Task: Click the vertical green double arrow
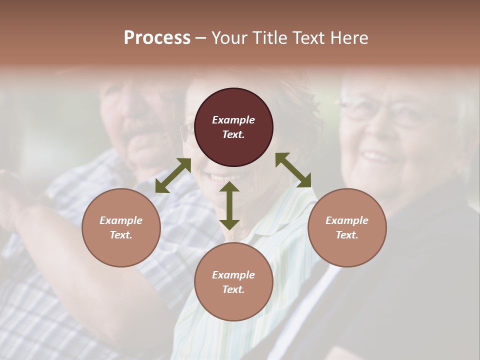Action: pyautogui.click(x=229, y=205)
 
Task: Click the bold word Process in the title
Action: pyautogui.click(x=157, y=37)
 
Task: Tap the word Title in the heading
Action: pyautogui.click(x=270, y=37)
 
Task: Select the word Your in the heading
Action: pyautogui.click(x=230, y=37)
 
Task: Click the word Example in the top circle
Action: pyautogui.click(x=233, y=120)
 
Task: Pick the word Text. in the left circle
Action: pyautogui.click(x=121, y=235)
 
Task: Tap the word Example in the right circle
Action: pyautogui.click(x=347, y=220)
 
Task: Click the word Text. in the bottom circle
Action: pyautogui.click(x=233, y=289)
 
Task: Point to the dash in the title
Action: pyautogui.click(x=201, y=38)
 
